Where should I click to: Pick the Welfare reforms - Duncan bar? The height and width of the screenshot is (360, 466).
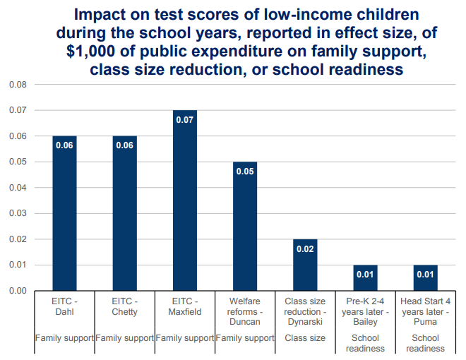245,226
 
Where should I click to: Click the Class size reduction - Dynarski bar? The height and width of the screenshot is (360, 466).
305,265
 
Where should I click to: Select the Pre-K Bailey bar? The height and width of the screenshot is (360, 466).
365,278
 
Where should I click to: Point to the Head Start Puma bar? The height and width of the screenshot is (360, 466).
425,278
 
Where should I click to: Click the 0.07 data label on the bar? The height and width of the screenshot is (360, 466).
185,120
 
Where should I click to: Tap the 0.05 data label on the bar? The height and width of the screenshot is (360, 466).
245,172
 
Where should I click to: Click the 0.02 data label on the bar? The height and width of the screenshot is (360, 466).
305,248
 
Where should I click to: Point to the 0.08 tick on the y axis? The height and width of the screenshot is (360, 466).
16,85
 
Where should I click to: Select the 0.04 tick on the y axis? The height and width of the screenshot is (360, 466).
16,188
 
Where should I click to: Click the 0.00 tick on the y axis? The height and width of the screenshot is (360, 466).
16,291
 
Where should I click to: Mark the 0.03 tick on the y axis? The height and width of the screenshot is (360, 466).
16,213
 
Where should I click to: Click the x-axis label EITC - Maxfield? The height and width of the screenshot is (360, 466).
185,306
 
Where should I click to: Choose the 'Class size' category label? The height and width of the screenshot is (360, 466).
305,338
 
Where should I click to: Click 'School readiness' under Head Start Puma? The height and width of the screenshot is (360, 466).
425,343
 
